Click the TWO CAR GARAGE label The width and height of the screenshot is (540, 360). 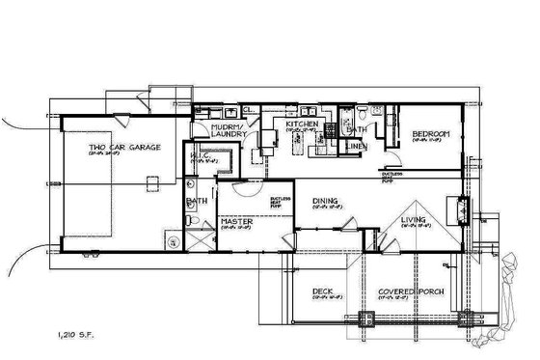tap(124, 148)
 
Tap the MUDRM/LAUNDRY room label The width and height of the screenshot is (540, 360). tap(231, 130)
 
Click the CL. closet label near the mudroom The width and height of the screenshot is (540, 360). tap(248, 108)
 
